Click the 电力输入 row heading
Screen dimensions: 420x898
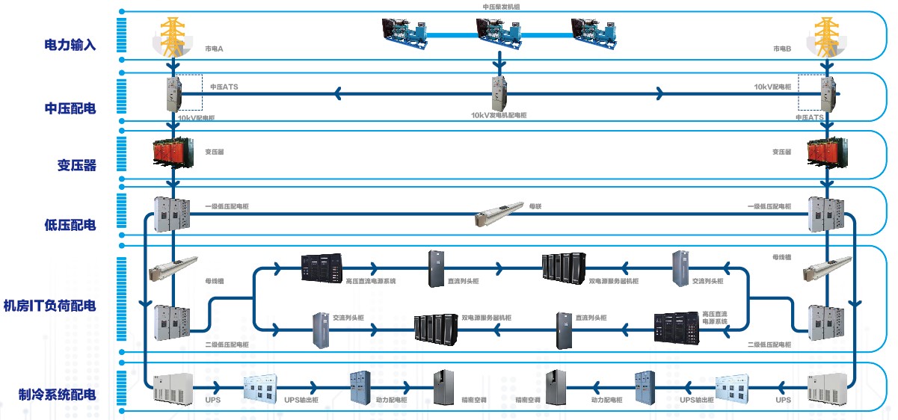[70, 45]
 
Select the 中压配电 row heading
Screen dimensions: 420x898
[70, 108]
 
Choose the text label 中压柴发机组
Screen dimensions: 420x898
[500, 6]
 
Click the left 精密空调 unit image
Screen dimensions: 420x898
[444, 387]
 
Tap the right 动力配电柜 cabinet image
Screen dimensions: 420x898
[645, 387]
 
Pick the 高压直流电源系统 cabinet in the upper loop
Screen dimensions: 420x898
[322, 268]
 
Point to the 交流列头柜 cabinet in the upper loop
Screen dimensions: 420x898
[680, 268]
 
